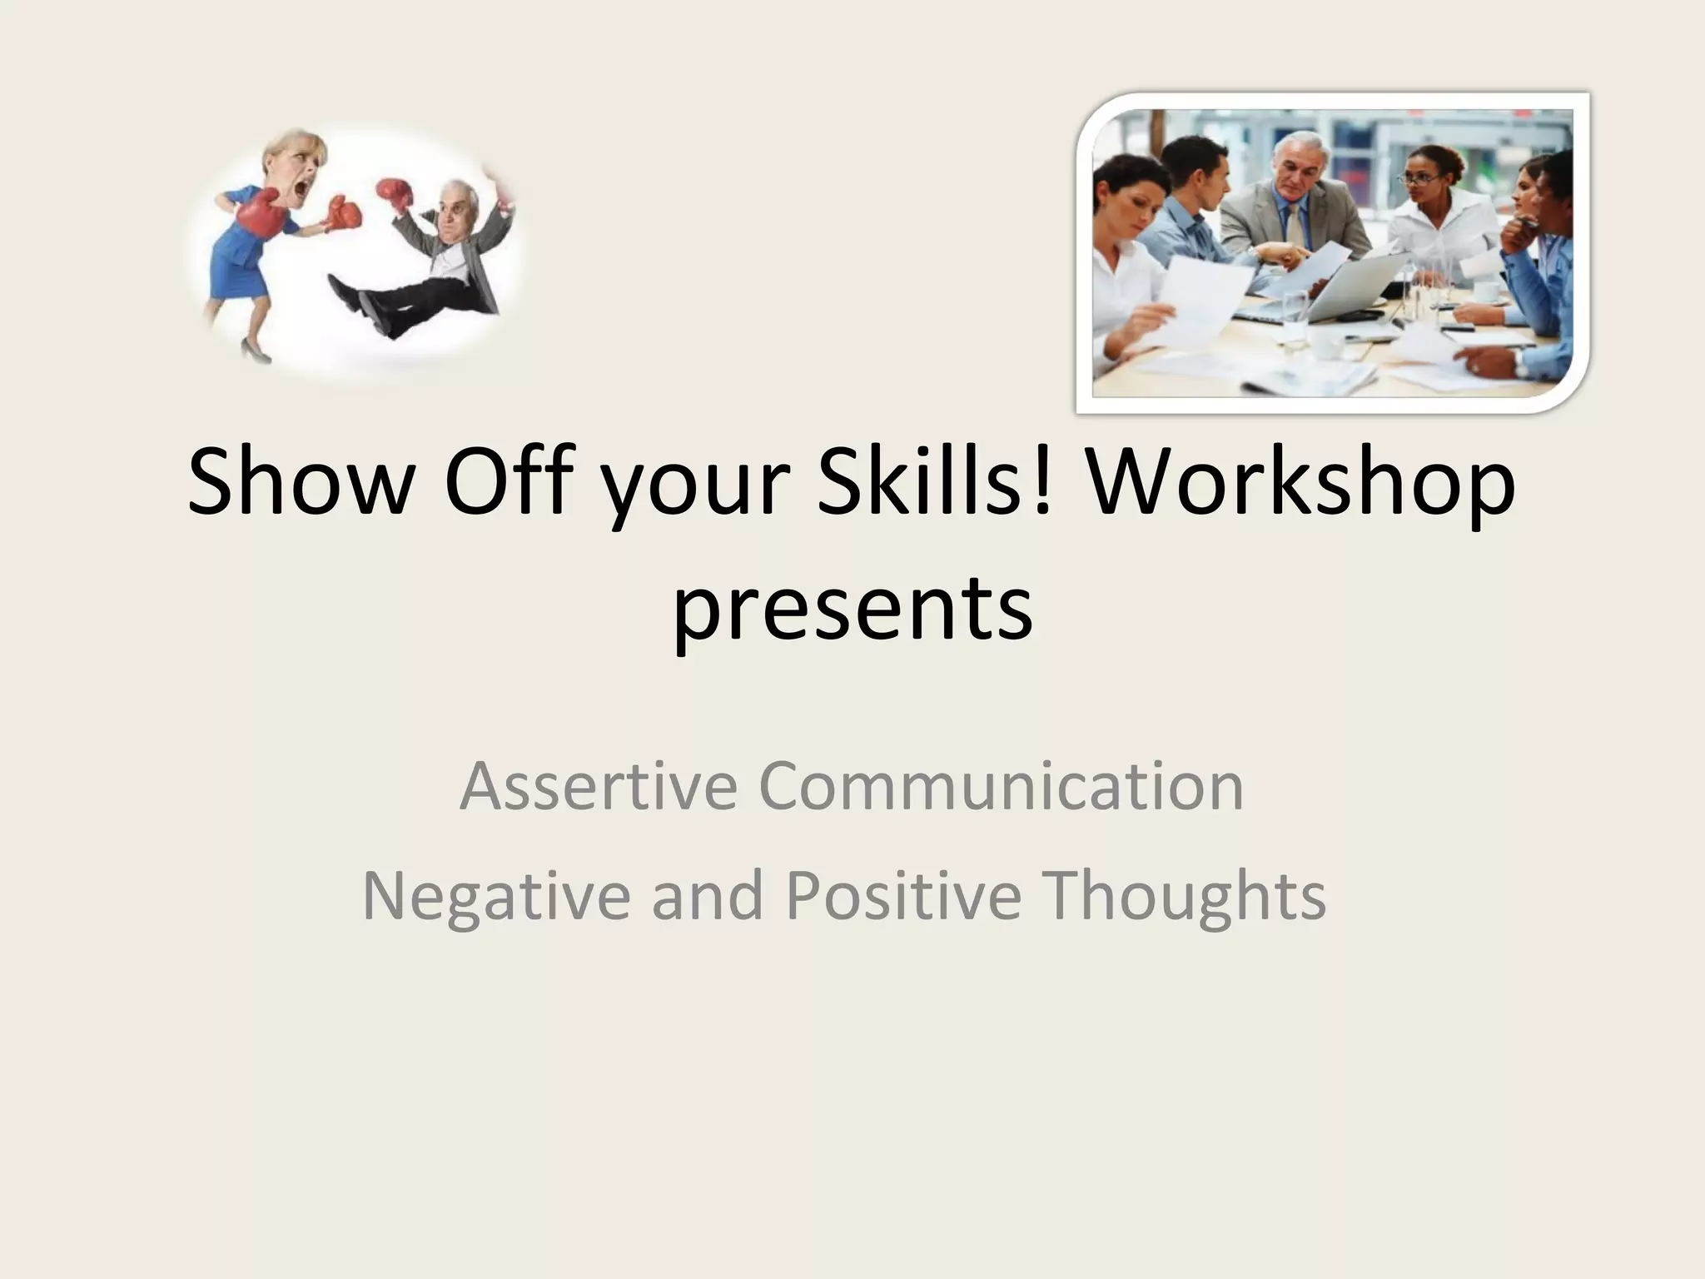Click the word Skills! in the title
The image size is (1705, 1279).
click(x=927, y=484)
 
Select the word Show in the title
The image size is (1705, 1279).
click(x=301, y=484)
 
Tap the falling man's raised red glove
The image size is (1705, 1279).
click(x=396, y=194)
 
